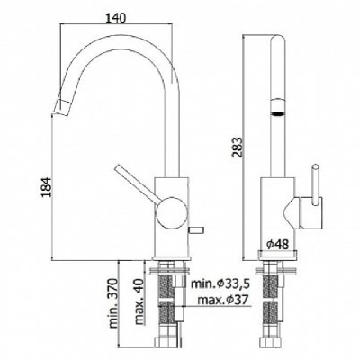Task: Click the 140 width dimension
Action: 115,18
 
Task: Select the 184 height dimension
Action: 47,187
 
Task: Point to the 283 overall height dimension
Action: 237,148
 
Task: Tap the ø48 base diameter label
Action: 277,245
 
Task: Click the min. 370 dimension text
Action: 113,303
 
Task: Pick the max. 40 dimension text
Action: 139,301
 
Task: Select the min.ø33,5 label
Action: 220,283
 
